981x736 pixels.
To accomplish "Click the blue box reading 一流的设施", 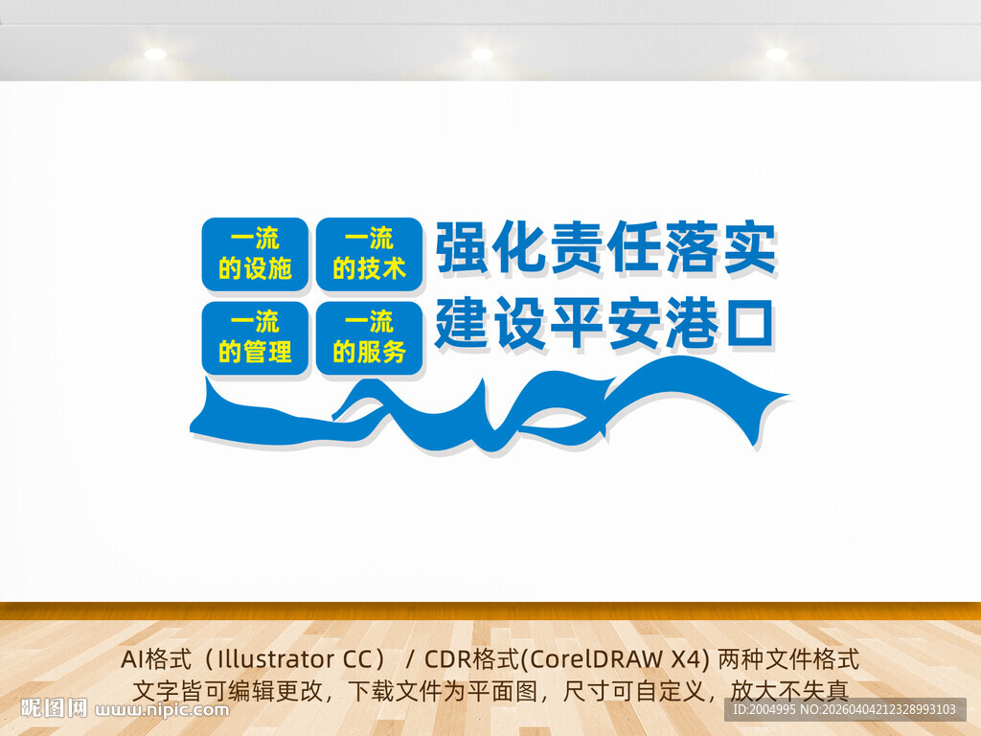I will pos(255,254).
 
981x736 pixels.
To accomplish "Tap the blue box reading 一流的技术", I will pos(369,254).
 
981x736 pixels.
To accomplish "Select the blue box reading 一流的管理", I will pos(255,337).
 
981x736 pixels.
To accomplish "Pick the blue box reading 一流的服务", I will pos(369,337).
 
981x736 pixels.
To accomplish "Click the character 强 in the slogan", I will pos(464,247).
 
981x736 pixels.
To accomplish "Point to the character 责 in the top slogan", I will pos(578,247).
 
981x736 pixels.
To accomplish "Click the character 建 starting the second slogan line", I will pos(464,323).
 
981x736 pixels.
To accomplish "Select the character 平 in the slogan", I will pos(578,323).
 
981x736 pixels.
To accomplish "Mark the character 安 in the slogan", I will pos(634,323).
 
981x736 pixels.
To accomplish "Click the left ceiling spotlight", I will pos(155,55).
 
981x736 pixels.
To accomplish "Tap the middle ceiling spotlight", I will pos(482,55).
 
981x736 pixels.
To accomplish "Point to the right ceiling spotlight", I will pos(776,55).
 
